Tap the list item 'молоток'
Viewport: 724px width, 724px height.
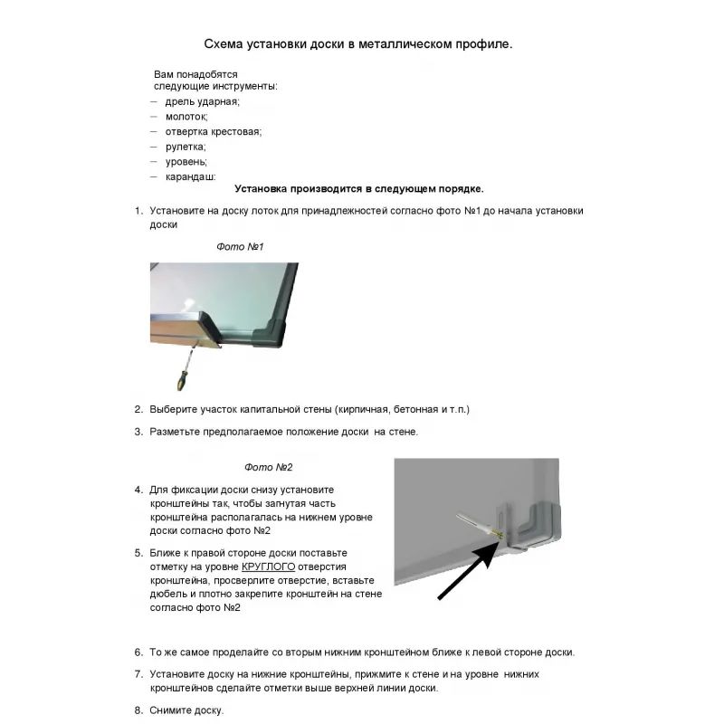point(186,117)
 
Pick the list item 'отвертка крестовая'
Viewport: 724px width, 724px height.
point(213,131)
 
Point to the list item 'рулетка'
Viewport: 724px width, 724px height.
point(186,147)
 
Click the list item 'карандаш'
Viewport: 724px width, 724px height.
point(190,176)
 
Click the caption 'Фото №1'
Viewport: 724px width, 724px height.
point(240,246)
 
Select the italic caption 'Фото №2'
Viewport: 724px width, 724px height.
point(269,467)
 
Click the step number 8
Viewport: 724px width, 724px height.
point(138,710)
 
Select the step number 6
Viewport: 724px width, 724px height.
point(138,652)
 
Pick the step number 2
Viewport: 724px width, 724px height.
point(138,409)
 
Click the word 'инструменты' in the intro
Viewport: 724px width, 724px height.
point(246,86)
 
